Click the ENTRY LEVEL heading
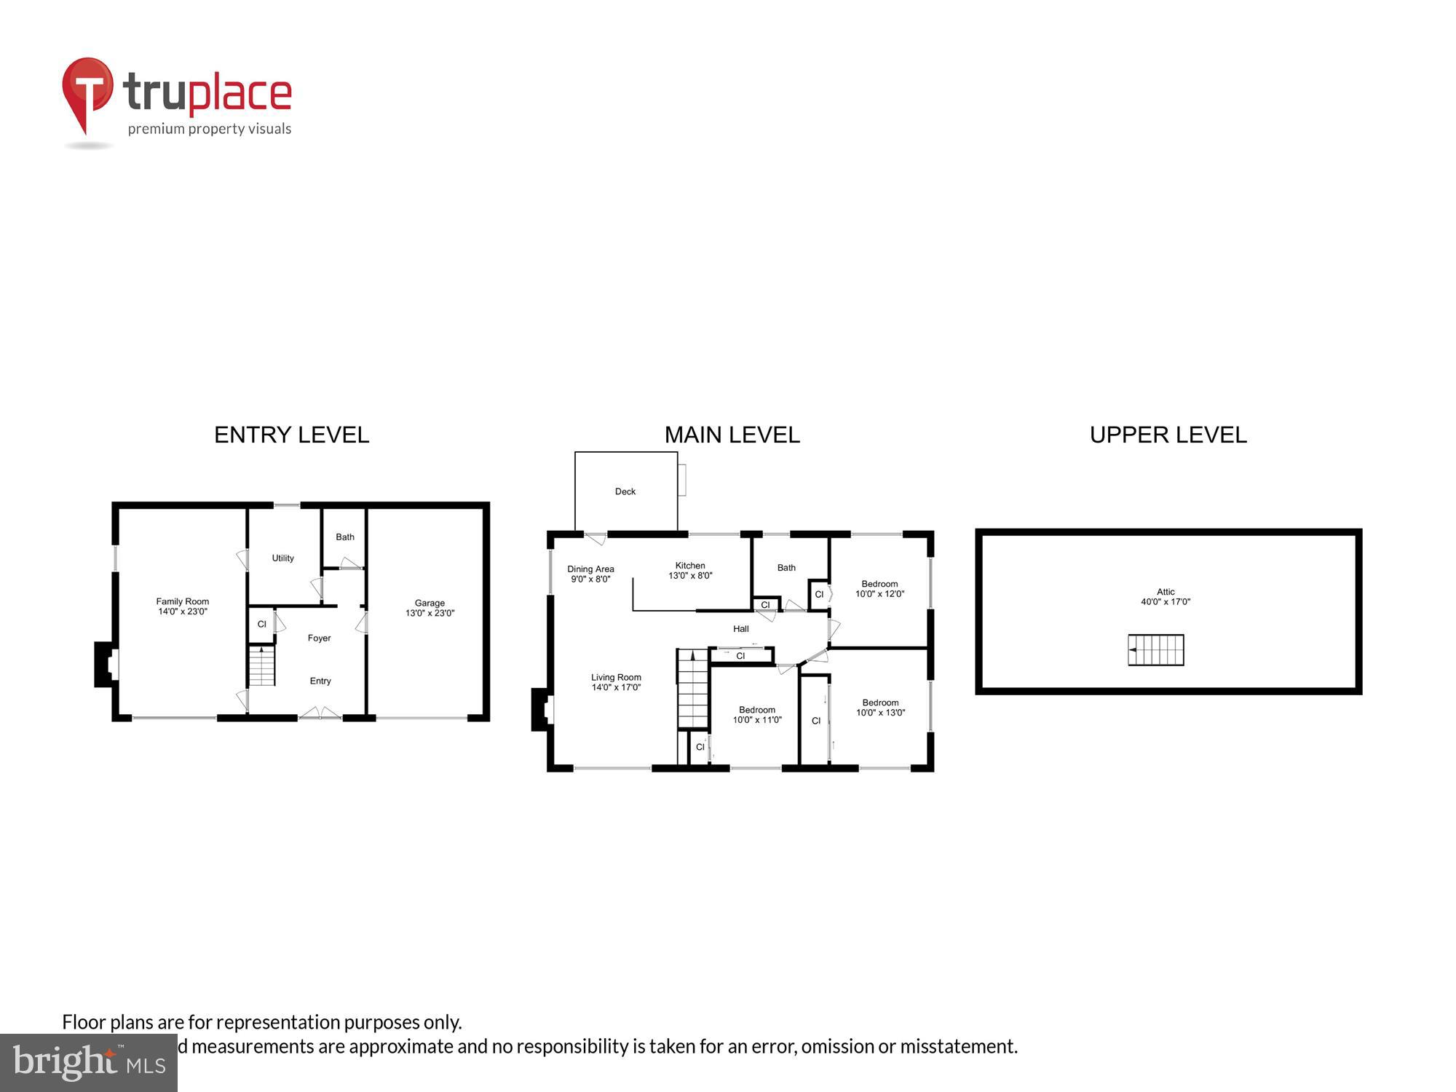[291, 435]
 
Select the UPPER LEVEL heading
[1168, 435]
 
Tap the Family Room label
[182, 606]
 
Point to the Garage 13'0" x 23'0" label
[430, 608]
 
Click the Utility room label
[282, 558]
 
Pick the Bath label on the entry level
[345, 537]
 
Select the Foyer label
[319, 638]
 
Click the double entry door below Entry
[320, 714]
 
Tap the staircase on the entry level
[261, 666]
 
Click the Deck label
[625, 492]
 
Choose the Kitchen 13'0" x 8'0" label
[690, 571]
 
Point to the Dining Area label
[590, 574]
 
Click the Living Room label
[616, 682]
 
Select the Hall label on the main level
[740, 629]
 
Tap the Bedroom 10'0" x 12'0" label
[879, 589]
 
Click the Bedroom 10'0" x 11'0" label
[757, 715]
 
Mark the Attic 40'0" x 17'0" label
[1166, 597]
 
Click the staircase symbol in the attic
[1156, 650]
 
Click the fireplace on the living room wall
[542, 710]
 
